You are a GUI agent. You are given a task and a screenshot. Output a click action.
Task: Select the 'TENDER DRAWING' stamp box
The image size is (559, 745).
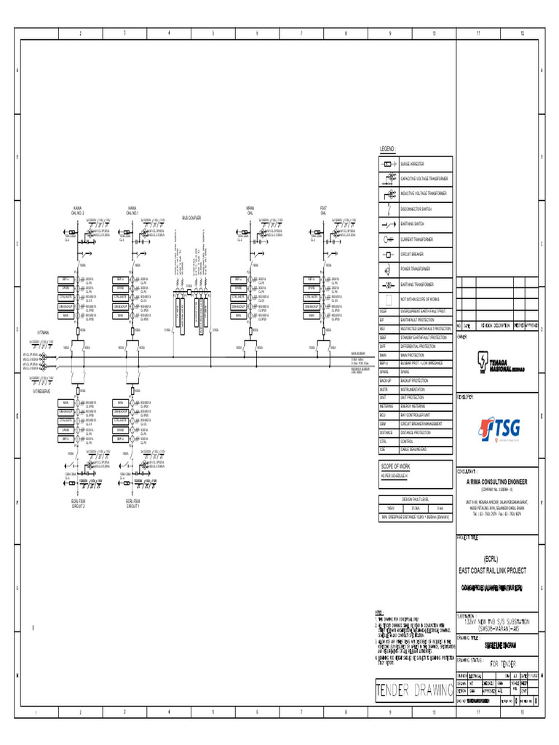[x=412, y=689]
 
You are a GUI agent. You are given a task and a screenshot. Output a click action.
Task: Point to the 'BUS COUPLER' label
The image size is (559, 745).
[x=191, y=218]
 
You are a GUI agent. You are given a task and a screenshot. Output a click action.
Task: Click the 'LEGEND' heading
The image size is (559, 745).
[x=386, y=148]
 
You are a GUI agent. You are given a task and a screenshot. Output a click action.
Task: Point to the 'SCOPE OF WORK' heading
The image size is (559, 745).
[x=397, y=466]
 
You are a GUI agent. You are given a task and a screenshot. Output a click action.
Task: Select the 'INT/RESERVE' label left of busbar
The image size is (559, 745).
[x=41, y=391]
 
